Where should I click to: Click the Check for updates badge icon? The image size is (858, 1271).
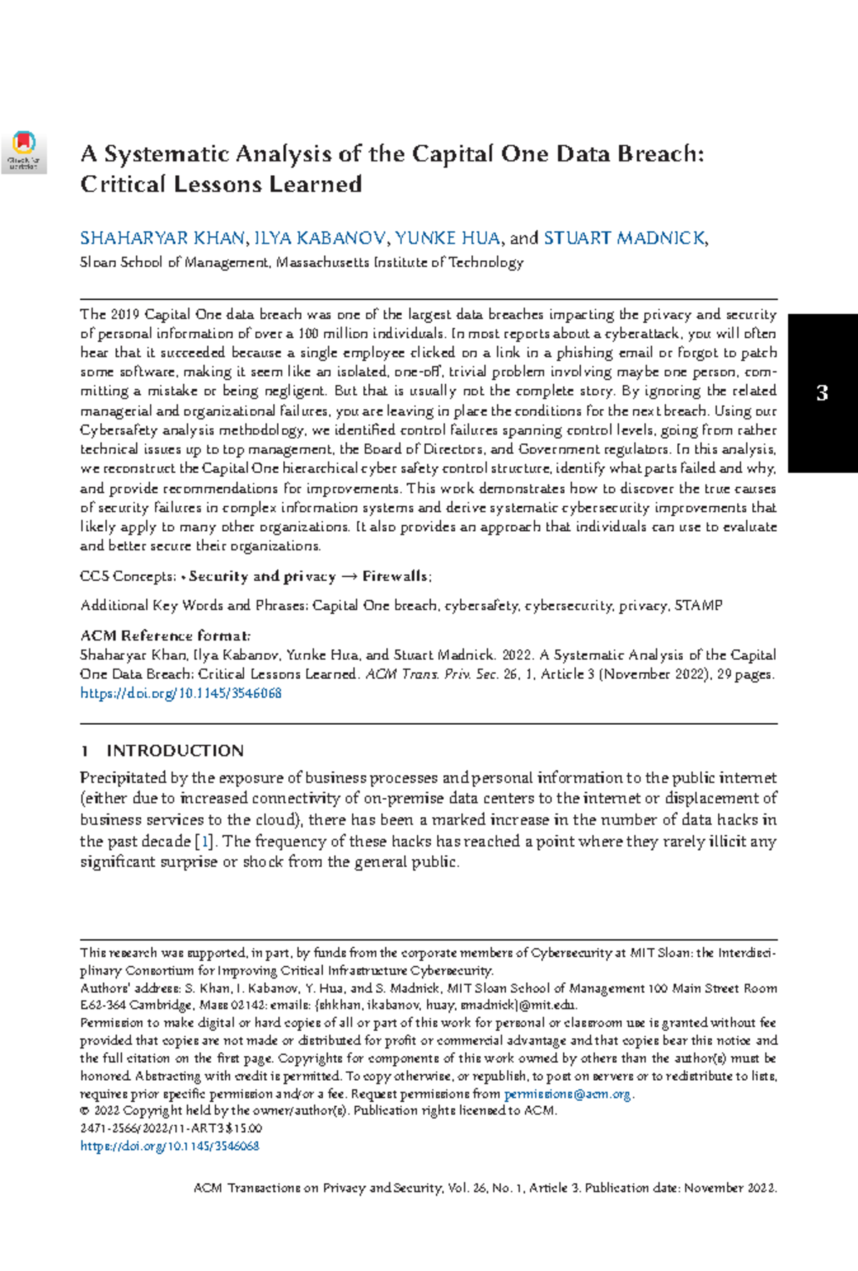click(x=24, y=151)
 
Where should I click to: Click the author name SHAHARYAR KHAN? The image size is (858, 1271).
click(x=163, y=238)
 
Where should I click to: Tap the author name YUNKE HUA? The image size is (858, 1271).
click(x=447, y=238)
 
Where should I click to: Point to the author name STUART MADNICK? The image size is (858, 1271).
click(x=624, y=238)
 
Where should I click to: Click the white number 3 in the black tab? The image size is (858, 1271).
click(x=822, y=392)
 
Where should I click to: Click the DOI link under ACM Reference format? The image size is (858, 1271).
click(x=181, y=693)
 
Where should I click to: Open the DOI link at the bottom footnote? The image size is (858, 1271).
click(x=169, y=1146)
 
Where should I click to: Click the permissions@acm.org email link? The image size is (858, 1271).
click(x=568, y=1094)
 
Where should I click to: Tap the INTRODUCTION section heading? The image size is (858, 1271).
click(x=175, y=751)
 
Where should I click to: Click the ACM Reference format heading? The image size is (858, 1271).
click(x=165, y=635)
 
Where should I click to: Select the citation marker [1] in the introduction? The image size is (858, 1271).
click(x=204, y=841)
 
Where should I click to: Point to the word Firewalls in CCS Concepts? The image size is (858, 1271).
click(x=395, y=576)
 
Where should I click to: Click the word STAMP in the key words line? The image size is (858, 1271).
click(x=699, y=605)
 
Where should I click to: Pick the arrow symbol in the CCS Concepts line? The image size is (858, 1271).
click(x=349, y=577)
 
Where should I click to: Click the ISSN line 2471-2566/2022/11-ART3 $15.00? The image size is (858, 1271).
click(x=171, y=1129)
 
